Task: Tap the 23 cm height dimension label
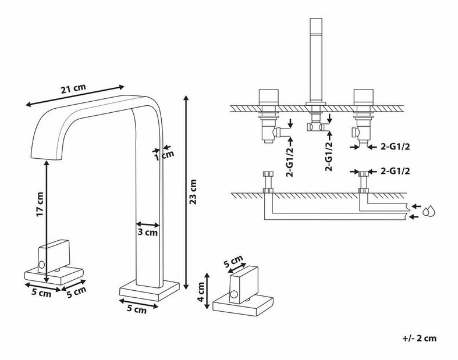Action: [194, 193]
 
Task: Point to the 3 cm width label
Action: [148, 233]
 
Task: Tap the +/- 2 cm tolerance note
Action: [418, 338]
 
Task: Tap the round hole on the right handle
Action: [232, 294]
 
